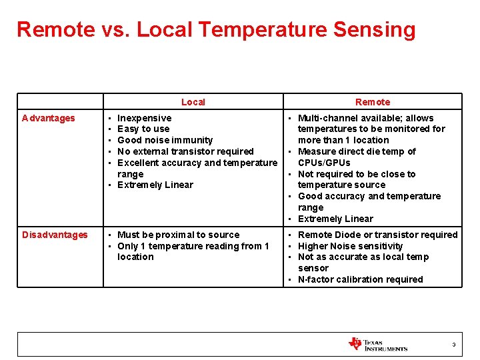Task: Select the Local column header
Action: tap(193, 102)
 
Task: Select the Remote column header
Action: tap(373, 102)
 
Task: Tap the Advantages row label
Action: tap(49, 118)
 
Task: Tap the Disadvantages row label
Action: tap(55, 235)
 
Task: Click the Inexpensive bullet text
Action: tap(144, 118)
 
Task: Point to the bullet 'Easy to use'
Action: tap(143, 129)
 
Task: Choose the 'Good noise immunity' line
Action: tap(165, 140)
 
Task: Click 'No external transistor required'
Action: tap(185, 151)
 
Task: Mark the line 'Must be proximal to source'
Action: tap(178, 235)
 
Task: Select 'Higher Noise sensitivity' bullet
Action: tap(350, 246)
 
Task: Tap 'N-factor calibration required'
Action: tap(360, 279)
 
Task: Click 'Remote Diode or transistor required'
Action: tap(377, 235)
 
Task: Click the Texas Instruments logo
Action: tap(377, 345)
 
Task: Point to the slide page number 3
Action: tap(454, 345)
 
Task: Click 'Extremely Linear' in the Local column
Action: tap(155, 185)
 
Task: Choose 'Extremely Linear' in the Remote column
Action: tap(335, 219)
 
